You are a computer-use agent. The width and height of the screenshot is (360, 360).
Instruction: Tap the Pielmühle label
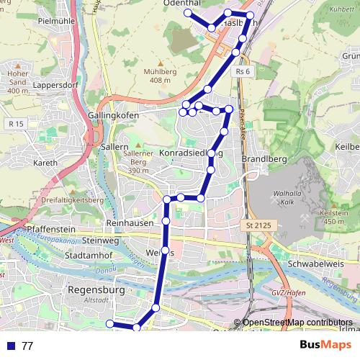pos(56,21)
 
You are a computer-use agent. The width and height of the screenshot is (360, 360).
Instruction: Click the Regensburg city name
pos(95,290)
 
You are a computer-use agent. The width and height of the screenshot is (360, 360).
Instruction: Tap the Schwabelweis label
pos(291,264)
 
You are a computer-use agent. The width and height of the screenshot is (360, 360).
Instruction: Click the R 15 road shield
pos(16,125)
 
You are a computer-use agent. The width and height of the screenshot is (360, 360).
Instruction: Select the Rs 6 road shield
pos(242,72)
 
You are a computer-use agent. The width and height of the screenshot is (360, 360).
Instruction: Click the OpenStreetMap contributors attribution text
pos(297,322)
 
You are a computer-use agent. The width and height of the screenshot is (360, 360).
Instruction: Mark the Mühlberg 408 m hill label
pos(160,76)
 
